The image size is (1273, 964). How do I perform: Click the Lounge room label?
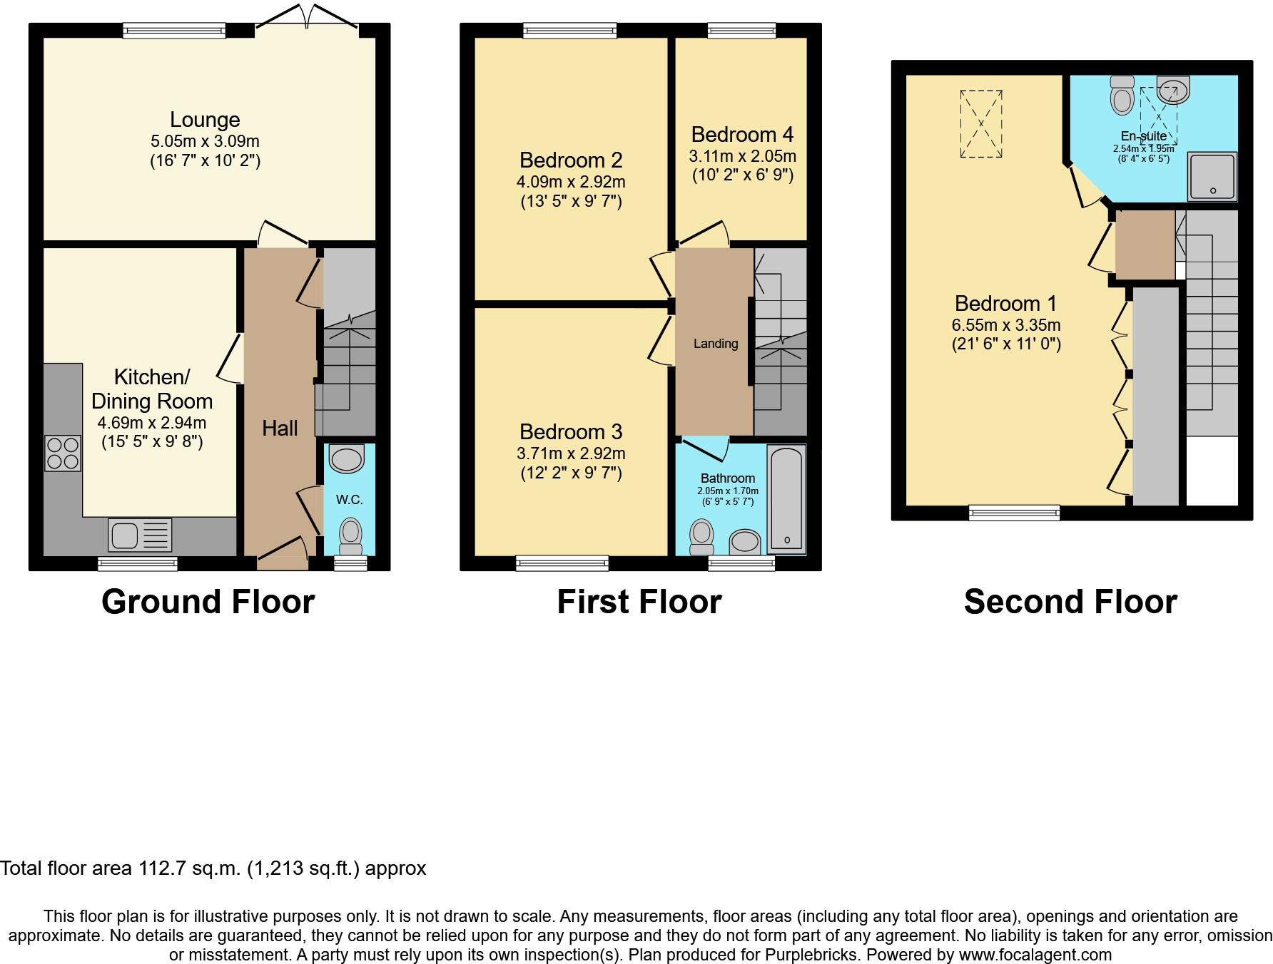click(205, 120)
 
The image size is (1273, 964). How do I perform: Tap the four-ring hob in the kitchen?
click(63, 453)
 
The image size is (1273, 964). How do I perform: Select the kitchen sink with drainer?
click(140, 535)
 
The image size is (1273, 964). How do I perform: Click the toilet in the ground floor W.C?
click(350, 536)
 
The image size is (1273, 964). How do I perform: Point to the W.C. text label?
click(350, 500)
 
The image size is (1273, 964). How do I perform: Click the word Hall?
click(280, 429)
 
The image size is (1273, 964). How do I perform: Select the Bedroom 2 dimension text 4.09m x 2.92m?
click(571, 182)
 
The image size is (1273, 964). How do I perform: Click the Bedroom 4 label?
click(742, 135)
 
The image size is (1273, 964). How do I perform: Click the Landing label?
click(716, 344)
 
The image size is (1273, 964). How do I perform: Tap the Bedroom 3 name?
click(571, 432)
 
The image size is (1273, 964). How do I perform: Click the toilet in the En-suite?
click(1122, 96)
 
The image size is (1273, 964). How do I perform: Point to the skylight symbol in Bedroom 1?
click(981, 123)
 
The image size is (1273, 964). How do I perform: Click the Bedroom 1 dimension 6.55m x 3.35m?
click(1006, 325)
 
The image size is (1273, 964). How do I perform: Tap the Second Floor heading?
click(1070, 602)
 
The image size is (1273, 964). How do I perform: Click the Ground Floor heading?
click(208, 602)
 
